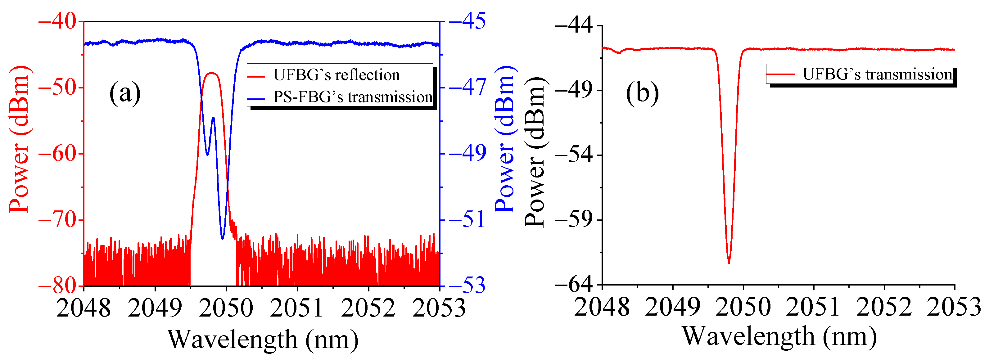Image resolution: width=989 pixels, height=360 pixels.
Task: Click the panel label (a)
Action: coord(125,93)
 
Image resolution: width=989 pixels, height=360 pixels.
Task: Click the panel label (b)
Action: coord(642,93)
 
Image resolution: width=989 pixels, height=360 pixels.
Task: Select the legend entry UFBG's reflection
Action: coord(336,75)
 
